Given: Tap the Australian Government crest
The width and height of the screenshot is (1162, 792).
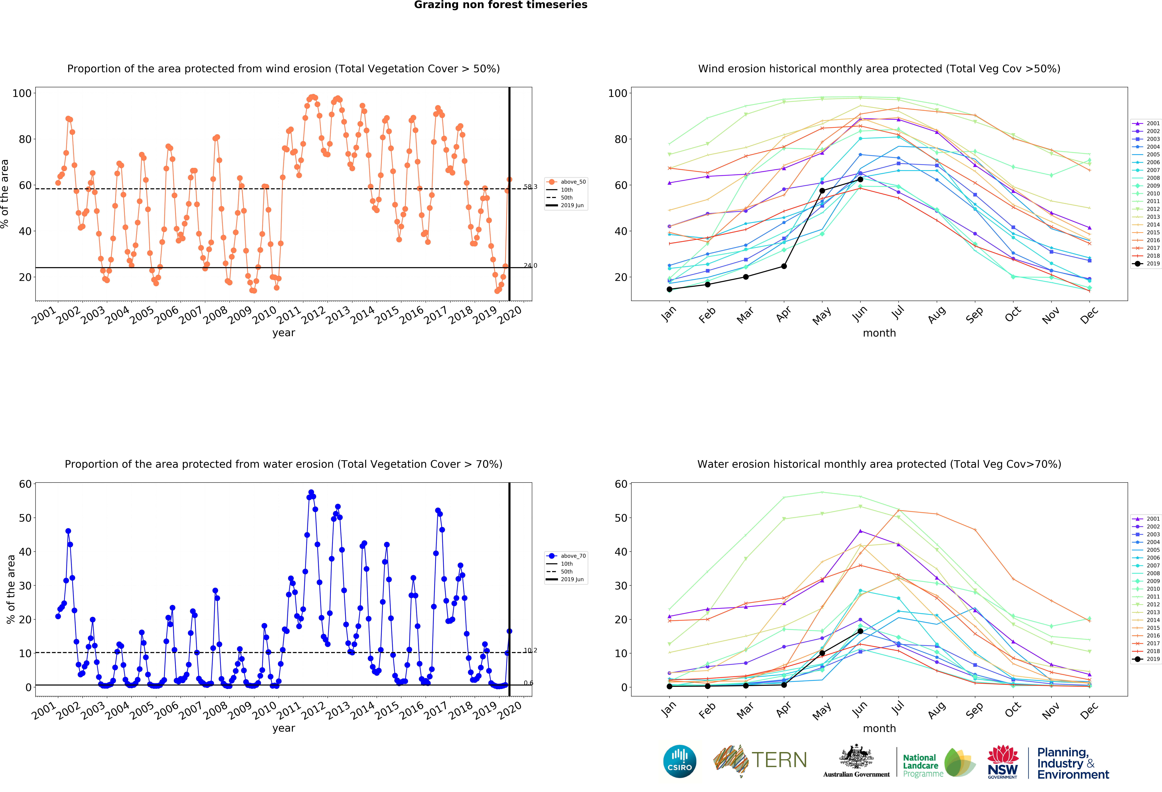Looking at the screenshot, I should point(857,756).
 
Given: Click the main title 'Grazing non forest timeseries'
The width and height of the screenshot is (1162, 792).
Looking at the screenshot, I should point(500,5).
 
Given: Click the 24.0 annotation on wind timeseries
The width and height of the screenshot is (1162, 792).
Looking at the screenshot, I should point(530,266).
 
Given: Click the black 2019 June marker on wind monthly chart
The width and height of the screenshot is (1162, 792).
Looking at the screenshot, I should point(860,179).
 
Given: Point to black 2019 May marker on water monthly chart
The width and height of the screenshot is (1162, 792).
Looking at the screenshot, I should point(822,653).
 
